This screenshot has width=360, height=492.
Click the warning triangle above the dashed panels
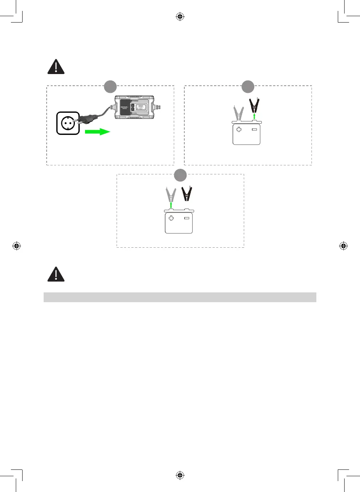pyautogui.click(x=56, y=67)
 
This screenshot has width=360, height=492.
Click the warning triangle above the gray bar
pyautogui.click(x=56, y=274)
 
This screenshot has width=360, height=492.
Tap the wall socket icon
pyautogui.click(x=68, y=123)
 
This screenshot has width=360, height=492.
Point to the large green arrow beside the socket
pyautogui.click(x=97, y=132)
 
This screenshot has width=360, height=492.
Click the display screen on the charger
pyautogui.click(x=141, y=107)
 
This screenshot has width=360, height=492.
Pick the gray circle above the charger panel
pyautogui.click(x=110, y=86)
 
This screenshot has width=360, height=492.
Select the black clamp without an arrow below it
pyautogui.click(x=187, y=194)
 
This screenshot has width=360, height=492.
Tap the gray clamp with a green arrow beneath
pyautogui.click(x=171, y=195)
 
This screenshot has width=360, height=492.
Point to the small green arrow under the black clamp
pyautogui.click(x=254, y=116)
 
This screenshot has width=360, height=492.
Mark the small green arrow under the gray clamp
pyautogui.click(x=171, y=205)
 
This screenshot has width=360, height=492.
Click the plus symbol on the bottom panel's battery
pyautogui.click(x=171, y=218)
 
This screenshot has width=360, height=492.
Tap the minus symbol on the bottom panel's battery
pyautogui.click(x=187, y=218)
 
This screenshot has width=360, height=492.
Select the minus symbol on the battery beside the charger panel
pyautogui.click(x=254, y=129)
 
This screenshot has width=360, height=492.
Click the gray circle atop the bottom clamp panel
pyautogui.click(x=180, y=175)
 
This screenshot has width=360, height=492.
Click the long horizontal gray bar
pyautogui.click(x=180, y=297)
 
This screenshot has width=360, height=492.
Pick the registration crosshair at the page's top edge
pyautogui.click(x=180, y=17)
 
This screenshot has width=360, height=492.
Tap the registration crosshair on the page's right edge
pyautogui.click(x=343, y=246)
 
